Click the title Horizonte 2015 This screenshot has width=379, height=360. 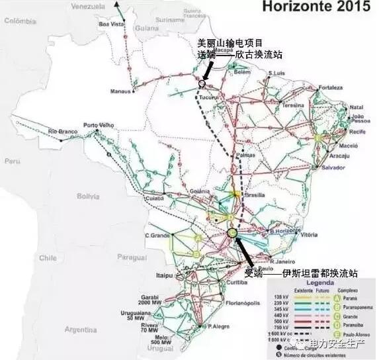point(316,7)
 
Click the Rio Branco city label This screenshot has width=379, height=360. point(62,134)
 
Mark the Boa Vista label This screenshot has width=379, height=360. point(111,24)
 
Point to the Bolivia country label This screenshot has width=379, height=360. point(87,196)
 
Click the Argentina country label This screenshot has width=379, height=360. point(81,329)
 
